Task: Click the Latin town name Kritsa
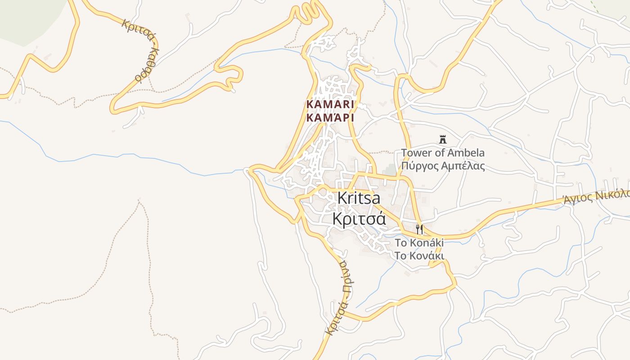click(358, 198)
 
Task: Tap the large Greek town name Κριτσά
click(359, 219)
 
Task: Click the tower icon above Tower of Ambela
click(443, 139)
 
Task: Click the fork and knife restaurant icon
click(419, 229)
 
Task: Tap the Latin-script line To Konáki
click(419, 243)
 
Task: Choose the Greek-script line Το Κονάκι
click(419, 256)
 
